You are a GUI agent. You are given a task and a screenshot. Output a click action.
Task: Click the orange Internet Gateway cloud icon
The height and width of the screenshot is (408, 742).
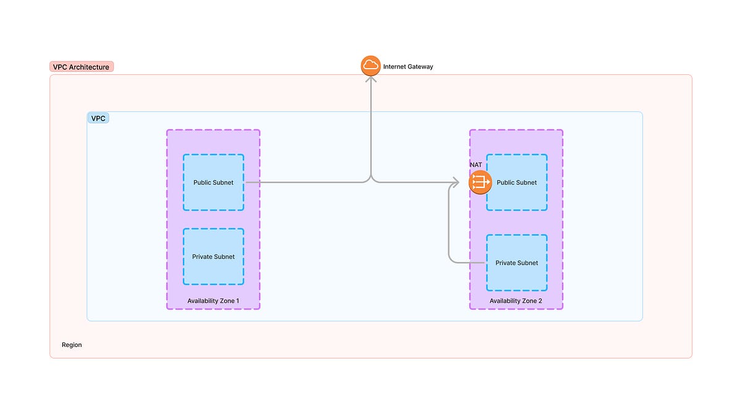click(x=371, y=66)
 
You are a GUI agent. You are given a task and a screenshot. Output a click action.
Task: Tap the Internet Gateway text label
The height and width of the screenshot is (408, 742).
click(x=408, y=67)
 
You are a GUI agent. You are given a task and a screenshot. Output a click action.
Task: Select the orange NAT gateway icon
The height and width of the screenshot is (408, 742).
click(x=480, y=182)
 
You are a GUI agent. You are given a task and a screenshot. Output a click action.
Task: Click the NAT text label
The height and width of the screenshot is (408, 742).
click(x=475, y=164)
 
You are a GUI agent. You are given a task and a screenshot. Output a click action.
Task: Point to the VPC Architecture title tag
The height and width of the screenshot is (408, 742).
click(x=82, y=67)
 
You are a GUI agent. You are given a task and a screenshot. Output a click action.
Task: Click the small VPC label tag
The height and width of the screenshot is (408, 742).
click(x=98, y=118)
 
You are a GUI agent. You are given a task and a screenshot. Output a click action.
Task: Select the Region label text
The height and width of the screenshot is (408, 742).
click(x=72, y=345)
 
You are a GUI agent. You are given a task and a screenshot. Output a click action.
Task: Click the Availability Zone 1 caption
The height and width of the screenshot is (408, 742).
click(x=213, y=301)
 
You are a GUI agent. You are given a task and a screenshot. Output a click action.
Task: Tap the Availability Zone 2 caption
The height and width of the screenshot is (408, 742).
click(x=516, y=301)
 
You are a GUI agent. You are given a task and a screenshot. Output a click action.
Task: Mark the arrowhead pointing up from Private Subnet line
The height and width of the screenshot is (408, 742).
click(x=450, y=189)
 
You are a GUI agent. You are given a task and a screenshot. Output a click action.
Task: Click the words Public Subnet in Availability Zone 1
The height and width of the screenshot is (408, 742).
click(x=213, y=183)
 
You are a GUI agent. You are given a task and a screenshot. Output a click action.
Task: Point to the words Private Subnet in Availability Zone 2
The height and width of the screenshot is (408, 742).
click(x=517, y=263)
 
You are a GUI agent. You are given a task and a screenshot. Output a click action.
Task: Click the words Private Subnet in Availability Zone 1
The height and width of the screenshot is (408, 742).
click(x=213, y=257)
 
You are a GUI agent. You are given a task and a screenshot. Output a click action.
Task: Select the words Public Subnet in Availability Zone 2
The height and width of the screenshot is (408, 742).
click(x=517, y=183)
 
